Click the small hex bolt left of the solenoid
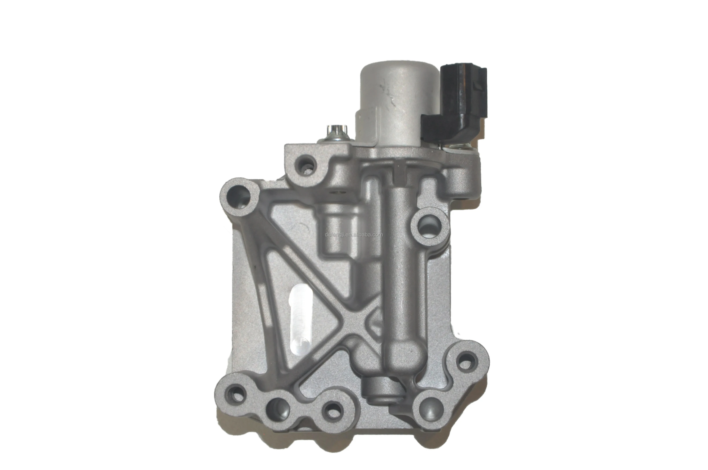336,132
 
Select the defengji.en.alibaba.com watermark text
354,235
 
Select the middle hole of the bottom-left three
278,409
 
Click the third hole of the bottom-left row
333,410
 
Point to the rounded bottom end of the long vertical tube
402,357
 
